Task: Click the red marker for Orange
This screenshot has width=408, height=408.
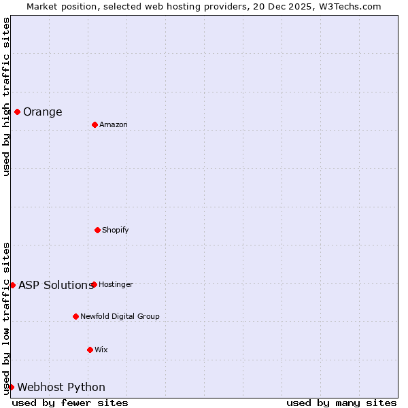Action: point(17,112)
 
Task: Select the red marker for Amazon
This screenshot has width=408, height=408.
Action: point(95,124)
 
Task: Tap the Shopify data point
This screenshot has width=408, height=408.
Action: point(97,230)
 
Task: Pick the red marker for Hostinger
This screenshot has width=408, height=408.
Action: point(94,284)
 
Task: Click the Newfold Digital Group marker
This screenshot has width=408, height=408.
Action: point(75,316)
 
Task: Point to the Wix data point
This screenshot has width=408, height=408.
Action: point(90,350)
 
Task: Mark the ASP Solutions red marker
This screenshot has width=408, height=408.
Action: point(12,285)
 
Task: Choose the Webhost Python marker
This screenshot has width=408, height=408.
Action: point(11,387)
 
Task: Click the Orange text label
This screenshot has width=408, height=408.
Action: point(42,112)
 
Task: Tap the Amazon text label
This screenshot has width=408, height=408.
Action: point(114,125)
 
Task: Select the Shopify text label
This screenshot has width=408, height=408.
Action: point(116,231)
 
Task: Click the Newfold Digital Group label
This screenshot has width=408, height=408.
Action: point(120,317)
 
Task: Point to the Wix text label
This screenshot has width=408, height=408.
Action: point(101,350)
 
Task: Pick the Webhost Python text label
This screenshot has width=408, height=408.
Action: point(61,388)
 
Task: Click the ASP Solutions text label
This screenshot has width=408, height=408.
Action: point(56,286)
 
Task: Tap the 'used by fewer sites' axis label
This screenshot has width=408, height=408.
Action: point(70,403)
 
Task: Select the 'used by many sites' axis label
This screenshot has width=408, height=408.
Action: point(341,403)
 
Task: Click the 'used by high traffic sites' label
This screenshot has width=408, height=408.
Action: point(6,97)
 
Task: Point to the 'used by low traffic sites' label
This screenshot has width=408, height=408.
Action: point(6,318)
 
